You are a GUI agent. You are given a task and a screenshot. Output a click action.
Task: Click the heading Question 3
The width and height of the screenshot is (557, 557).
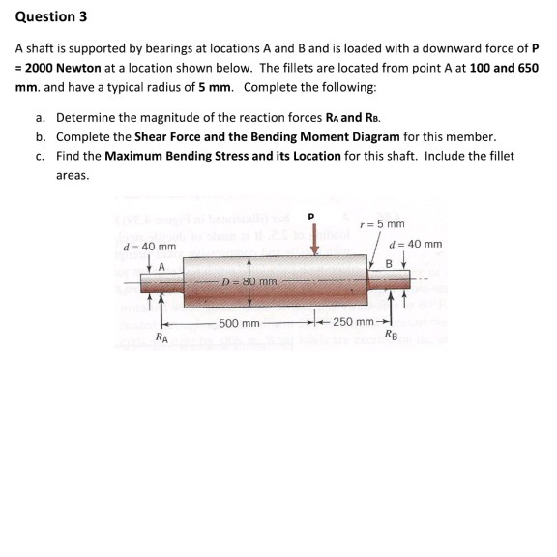[45, 15]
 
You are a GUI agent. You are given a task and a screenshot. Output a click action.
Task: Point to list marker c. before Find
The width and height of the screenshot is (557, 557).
[41, 155]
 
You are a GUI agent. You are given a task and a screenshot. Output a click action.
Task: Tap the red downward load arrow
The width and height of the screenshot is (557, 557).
[313, 239]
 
